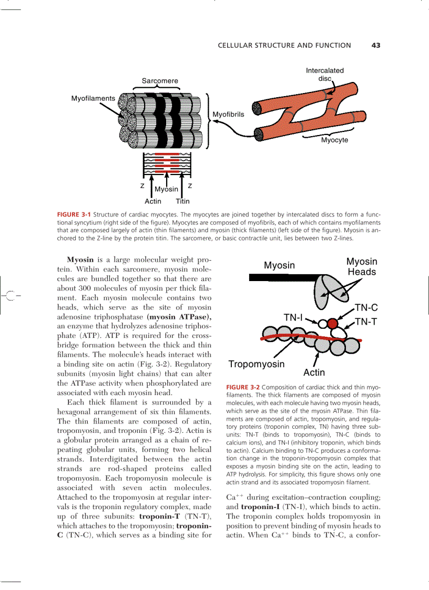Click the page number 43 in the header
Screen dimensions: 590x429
[x=375, y=46]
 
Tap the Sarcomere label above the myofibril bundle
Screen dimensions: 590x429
[x=160, y=81]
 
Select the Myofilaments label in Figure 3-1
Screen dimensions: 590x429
[x=93, y=98]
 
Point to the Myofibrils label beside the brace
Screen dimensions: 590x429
[x=228, y=115]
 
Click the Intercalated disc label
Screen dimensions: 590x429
[x=324, y=74]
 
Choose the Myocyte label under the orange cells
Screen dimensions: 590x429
[x=334, y=140]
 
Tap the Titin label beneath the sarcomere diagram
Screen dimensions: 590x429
[x=182, y=201]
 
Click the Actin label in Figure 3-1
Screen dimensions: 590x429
[x=153, y=201]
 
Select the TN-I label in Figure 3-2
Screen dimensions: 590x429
[x=293, y=317]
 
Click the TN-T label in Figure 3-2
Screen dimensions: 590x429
[x=366, y=322]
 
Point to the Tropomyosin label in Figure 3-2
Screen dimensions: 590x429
[x=257, y=364]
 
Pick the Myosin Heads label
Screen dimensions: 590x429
[x=362, y=267]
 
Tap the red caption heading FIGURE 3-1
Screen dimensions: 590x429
[x=74, y=215]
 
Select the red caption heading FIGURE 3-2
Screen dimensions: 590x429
[x=243, y=387]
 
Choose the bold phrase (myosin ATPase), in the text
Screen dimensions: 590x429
[x=179, y=317]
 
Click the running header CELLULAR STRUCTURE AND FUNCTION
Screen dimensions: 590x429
[x=284, y=46]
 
